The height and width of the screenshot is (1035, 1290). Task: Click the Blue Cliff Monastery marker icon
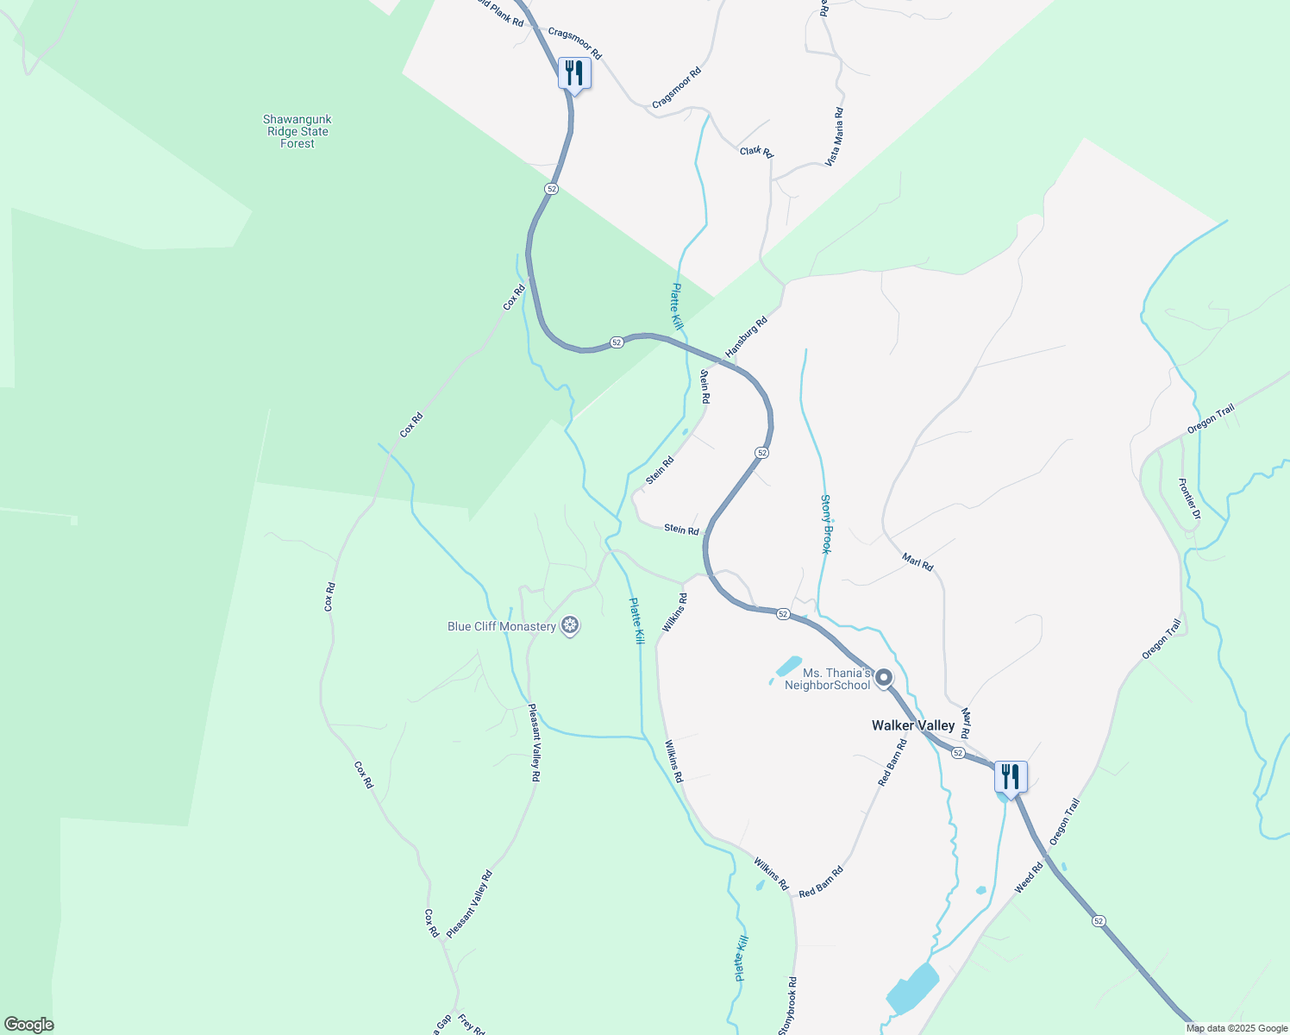coord(569,625)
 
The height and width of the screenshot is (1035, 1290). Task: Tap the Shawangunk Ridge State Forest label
coord(297,132)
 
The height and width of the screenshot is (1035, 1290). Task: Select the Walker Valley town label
coord(913,725)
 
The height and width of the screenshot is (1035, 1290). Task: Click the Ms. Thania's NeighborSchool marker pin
coord(884,678)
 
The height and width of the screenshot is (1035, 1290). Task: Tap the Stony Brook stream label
coord(826,524)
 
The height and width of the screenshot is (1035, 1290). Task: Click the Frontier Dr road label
coord(1190,500)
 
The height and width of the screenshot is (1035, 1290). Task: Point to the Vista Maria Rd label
coord(834,136)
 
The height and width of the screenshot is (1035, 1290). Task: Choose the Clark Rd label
coord(756,152)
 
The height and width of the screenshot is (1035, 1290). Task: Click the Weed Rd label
coord(1029,878)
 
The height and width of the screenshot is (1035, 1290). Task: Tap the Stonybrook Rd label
coord(787,1006)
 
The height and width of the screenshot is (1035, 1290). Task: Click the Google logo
coord(28,1025)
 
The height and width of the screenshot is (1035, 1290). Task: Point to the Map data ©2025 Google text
coord(1237,1028)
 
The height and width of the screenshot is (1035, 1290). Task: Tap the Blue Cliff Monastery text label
coord(501,626)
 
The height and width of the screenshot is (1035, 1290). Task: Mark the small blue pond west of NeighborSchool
coord(788,666)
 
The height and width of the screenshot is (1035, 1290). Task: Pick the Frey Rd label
coord(472,1025)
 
